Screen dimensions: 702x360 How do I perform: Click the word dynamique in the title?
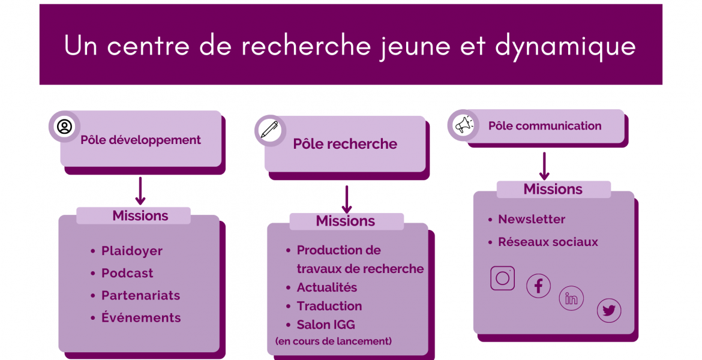pos(565,47)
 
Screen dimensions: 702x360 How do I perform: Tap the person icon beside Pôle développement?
pos(64,127)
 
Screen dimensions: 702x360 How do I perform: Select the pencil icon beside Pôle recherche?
pos(269,130)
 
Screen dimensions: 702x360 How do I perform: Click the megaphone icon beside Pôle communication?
pos(464,125)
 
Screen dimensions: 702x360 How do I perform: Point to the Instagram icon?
pos(502,278)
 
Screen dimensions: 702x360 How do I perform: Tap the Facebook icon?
pos(538,286)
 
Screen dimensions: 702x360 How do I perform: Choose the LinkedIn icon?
pos(571,298)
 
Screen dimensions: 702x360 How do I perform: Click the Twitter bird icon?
pos(609,310)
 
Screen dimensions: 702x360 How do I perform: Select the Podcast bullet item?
pos(127,273)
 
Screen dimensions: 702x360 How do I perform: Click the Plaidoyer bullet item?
pos(131,251)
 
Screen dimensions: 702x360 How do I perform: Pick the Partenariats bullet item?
pos(140,296)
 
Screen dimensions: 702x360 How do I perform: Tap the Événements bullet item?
pos(141,317)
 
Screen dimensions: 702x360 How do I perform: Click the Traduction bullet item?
pos(329,306)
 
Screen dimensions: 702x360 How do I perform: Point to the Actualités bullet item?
pos(327,287)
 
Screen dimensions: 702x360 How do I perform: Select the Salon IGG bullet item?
pos(325,325)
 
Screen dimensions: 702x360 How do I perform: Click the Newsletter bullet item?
pos(532,220)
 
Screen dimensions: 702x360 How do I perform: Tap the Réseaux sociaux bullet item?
pos(548,242)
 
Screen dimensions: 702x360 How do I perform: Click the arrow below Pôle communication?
pos(544,166)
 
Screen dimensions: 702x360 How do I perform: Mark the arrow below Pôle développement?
pos(140,191)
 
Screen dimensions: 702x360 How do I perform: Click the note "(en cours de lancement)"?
pos(334,341)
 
